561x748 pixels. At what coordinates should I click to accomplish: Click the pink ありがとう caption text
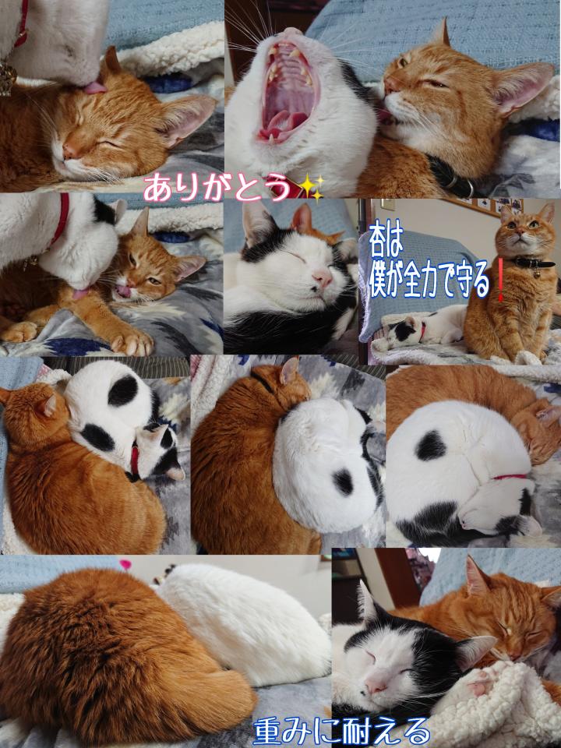click(x=217, y=187)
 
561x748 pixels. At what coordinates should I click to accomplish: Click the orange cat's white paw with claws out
click(x=131, y=341)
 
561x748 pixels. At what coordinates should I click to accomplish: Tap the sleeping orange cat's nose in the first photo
click(x=70, y=151)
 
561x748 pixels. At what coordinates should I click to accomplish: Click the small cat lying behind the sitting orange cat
click(x=419, y=327)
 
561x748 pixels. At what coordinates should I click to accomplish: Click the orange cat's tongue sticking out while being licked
click(x=124, y=291)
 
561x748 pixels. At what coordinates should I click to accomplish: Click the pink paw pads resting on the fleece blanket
click(x=481, y=686)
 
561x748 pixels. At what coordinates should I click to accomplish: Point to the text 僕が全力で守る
click(x=429, y=279)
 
